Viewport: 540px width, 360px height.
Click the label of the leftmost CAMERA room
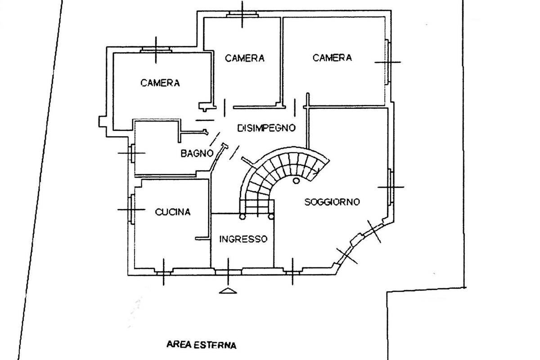point(160,83)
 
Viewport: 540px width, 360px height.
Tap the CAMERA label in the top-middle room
point(244,58)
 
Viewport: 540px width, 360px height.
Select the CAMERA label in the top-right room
point(332,58)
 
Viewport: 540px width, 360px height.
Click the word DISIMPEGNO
point(266,128)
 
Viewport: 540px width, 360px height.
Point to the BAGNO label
point(197,153)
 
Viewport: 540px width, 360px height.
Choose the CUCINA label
point(173,212)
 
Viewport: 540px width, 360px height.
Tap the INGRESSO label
point(243,239)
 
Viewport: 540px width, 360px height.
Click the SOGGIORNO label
point(332,202)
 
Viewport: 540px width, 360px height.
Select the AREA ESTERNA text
point(201,346)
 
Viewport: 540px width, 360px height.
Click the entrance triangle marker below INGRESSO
point(228,291)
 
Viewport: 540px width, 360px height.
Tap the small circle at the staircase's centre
point(296,181)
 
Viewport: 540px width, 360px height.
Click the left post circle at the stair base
point(242,216)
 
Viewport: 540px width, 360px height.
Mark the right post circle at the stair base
point(272,216)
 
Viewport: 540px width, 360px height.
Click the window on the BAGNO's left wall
point(133,153)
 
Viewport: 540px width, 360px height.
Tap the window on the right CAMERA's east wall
point(387,62)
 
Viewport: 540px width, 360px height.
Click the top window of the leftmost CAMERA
point(155,50)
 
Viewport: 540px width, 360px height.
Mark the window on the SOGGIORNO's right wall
point(391,186)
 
